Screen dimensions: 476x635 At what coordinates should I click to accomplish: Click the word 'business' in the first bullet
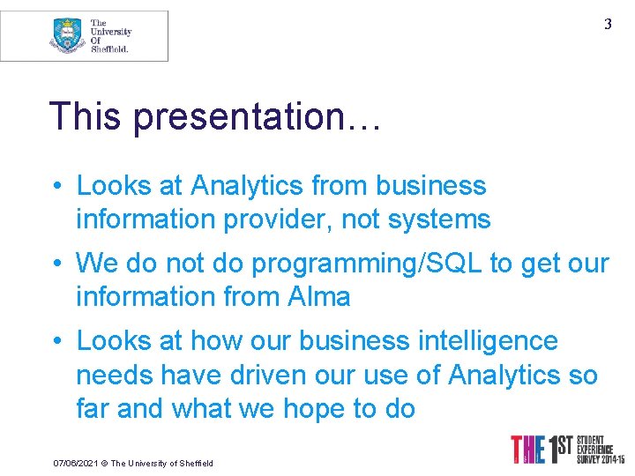point(430,186)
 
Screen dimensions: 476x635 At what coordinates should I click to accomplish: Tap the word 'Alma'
point(319,296)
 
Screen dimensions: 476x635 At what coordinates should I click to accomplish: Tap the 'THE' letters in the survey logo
point(529,450)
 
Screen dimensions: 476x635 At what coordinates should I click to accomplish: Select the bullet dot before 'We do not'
point(56,263)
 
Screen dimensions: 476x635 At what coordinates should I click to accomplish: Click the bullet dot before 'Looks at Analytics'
point(56,186)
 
